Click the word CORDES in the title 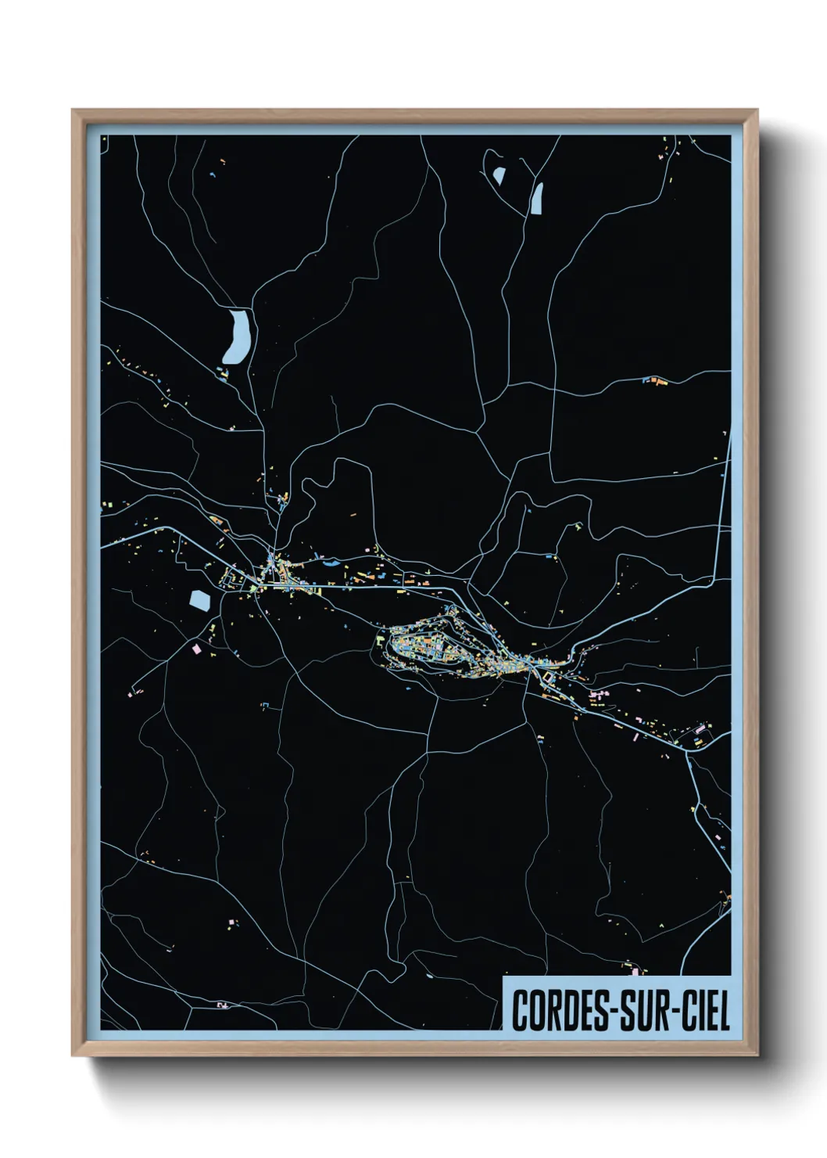555,1010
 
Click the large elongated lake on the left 237,336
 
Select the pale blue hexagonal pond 200,601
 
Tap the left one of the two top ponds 499,176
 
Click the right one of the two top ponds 537,198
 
